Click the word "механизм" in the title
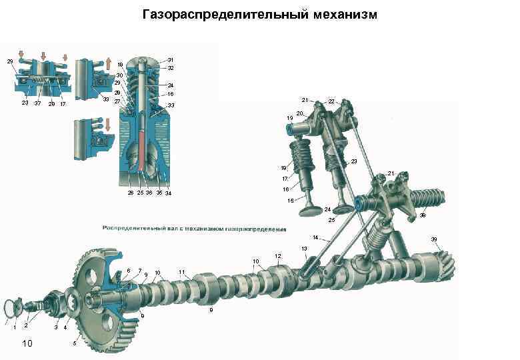tap(345, 13)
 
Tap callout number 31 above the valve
tap(171, 59)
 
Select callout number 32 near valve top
tap(171, 68)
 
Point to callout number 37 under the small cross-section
tap(37, 103)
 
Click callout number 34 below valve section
tap(169, 193)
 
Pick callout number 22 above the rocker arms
tap(331, 101)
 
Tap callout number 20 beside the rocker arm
tap(300, 113)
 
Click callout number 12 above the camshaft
tap(278, 256)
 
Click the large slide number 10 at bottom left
tap(27, 343)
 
